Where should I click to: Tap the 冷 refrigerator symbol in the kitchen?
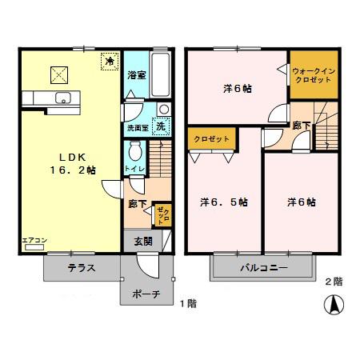[108, 60]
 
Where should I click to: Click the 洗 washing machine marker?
[160, 125]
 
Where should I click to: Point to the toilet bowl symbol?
[135, 150]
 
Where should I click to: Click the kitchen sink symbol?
[63, 98]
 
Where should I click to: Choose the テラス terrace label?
[82, 268]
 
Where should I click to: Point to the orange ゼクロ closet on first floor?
[162, 214]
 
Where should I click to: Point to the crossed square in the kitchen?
[58, 74]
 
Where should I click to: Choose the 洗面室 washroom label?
[135, 128]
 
